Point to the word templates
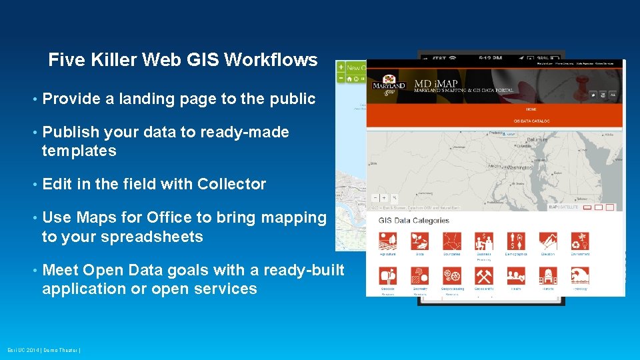point(79,151)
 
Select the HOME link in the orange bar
point(531,109)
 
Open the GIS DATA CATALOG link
point(531,121)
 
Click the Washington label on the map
point(519,167)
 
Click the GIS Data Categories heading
point(413,221)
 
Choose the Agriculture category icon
point(388,241)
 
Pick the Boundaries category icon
point(452,241)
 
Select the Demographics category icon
point(516,241)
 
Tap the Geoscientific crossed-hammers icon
point(484,275)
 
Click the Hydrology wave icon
point(580,275)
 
